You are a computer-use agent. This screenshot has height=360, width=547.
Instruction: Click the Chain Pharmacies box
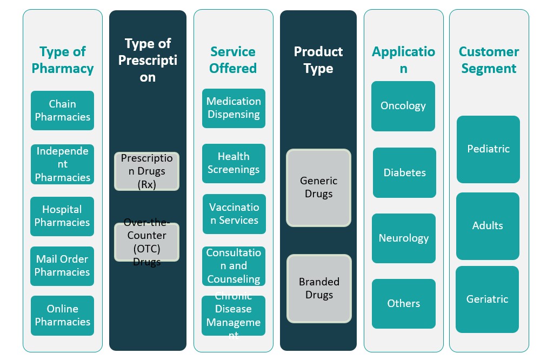tap(62, 110)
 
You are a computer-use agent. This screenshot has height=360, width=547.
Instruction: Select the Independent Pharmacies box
tap(62, 164)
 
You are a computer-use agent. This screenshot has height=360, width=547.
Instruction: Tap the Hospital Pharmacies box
tap(62, 216)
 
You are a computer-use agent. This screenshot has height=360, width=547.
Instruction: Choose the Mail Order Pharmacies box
tap(62, 266)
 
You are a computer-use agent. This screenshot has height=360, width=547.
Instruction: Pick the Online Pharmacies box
tap(62, 315)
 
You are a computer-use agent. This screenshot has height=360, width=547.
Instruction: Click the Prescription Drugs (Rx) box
tap(147, 171)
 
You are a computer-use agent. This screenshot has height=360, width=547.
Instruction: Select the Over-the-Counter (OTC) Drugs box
tap(147, 242)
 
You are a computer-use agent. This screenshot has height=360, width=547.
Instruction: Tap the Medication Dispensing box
tap(234, 108)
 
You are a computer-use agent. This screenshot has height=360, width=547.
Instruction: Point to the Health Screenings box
tap(234, 163)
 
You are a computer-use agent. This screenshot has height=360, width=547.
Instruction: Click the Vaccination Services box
tap(234, 214)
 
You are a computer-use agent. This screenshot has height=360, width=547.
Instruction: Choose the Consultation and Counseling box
tap(234, 266)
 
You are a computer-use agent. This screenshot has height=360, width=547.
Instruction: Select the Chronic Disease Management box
tap(234, 316)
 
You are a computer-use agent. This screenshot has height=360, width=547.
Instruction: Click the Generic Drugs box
tap(318, 188)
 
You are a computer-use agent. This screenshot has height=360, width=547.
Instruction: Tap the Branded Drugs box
tap(319, 288)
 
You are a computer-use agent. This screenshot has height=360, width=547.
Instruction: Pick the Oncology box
tap(403, 106)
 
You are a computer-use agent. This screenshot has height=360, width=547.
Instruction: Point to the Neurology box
tap(404, 238)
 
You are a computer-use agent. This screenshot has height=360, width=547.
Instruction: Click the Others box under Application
tap(404, 304)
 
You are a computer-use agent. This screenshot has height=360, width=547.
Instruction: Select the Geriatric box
tap(488, 299)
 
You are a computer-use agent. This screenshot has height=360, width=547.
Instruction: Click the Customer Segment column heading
tap(489, 60)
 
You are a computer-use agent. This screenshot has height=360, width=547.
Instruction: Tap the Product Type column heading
tap(318, 60)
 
